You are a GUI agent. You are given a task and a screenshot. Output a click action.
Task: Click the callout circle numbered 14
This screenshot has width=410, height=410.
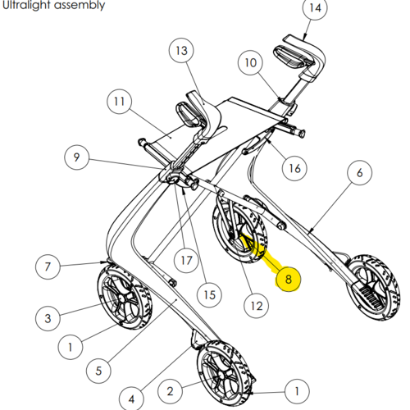(x=315, y=7)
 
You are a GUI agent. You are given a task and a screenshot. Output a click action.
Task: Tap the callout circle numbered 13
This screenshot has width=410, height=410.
(x=181, y=51)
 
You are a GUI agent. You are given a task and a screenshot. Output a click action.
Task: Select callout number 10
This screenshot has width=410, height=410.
(x=250, y=62)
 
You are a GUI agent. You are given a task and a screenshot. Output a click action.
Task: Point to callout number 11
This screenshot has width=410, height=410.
(x=119, y=102)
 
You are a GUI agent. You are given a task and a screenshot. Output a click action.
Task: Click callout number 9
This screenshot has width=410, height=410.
(x=76, y=157)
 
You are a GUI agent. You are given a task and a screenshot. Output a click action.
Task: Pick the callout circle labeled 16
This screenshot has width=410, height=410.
(x=294, y=168)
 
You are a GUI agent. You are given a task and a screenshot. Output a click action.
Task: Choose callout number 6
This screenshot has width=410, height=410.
(x=359, y=172)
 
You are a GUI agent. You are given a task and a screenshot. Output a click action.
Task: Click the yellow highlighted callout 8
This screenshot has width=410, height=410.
(x=289, y=279)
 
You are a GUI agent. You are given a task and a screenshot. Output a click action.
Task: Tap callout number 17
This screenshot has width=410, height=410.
(x=187, y=260)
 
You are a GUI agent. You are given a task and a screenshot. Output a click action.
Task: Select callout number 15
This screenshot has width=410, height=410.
(x=209, y=294)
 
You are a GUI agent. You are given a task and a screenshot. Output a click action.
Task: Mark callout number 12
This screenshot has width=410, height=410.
(x=257, y=306)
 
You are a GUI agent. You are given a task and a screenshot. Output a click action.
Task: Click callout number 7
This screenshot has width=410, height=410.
(x=48, y=266)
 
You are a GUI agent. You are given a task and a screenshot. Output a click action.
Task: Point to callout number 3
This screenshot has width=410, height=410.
(x=48, y=318)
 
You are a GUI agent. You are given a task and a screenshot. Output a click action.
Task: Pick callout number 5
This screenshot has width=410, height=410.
(x=98, y=371)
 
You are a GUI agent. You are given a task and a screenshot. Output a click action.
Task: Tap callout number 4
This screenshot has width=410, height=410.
(x=131, y=399)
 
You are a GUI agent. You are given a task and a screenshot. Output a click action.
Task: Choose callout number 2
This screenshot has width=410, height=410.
(x=170, y=391)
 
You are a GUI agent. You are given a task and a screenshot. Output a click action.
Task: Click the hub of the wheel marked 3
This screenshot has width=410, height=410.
(x=122, y=298)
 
